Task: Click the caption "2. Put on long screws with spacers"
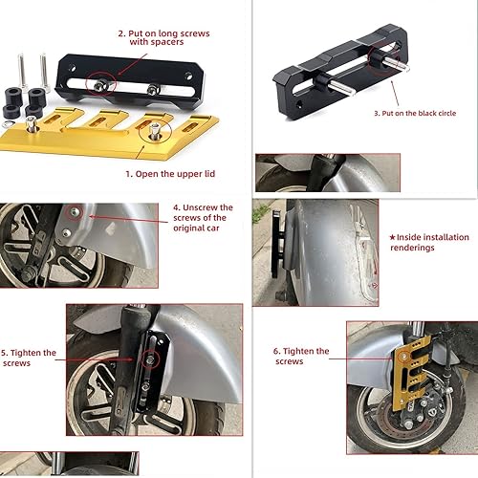(163, 37)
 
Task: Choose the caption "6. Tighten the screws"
(301, 357)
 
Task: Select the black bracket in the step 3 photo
(344, 76)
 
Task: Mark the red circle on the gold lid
(152, 134)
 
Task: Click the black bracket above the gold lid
(124, 72)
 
